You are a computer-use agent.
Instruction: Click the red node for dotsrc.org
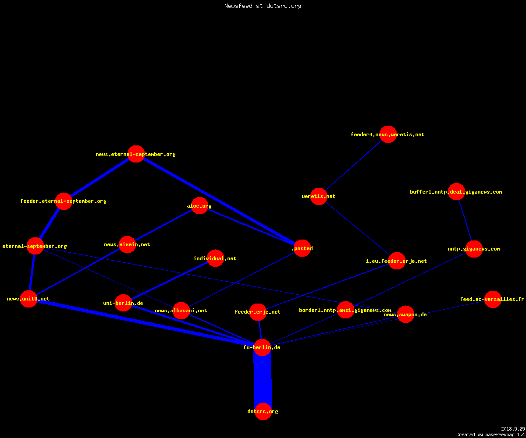[x=263, y=412]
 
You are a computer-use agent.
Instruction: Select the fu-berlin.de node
[x=262, y=348]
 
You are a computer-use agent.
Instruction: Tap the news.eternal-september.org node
[x=136, y=154]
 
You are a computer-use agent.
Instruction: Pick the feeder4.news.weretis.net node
[x=388, y=134]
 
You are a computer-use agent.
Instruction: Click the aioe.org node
[x=199, y=206]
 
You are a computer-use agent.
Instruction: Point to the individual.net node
[x=215, y=258]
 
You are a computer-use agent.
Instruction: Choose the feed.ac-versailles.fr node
[x=493, y=299]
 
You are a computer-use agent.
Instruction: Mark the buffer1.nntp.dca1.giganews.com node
[x=456, y=192]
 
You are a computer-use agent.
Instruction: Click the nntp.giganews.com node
[x=474, y=249]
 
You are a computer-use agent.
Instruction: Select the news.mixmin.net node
[x=127, y=245]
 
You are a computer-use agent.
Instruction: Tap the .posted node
[x=302, y=248]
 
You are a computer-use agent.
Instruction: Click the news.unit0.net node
[x=28, y=299]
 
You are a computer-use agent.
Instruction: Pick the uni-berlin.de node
[x=123, y=303]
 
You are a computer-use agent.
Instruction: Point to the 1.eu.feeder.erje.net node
[x=397, y=261]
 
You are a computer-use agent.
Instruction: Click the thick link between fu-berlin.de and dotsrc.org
[x=263, y=380]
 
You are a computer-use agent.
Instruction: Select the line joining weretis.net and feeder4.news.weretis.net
[x=353, y=166]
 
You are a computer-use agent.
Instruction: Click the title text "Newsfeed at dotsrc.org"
[x=263, y=6]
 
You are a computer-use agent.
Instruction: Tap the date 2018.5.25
[x=513, y=429]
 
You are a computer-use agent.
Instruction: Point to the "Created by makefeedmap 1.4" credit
[x=490, y=435]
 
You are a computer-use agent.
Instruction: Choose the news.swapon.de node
[x=405, y=314]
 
